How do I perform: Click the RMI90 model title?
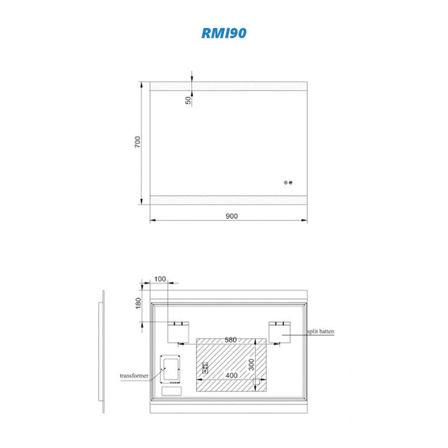tap(224, 33)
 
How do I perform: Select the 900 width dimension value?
tap(232, 216)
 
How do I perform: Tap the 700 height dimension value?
tap(138, 141)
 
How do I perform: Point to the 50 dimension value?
tap(188, 100)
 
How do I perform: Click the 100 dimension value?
tap(160, 279)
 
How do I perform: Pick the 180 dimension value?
tap(138, 303)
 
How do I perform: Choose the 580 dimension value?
tap(230, 340)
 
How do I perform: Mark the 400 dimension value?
tap(232, 375)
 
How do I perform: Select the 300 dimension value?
tap(251, 365)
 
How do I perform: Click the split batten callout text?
tap(321, 332)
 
